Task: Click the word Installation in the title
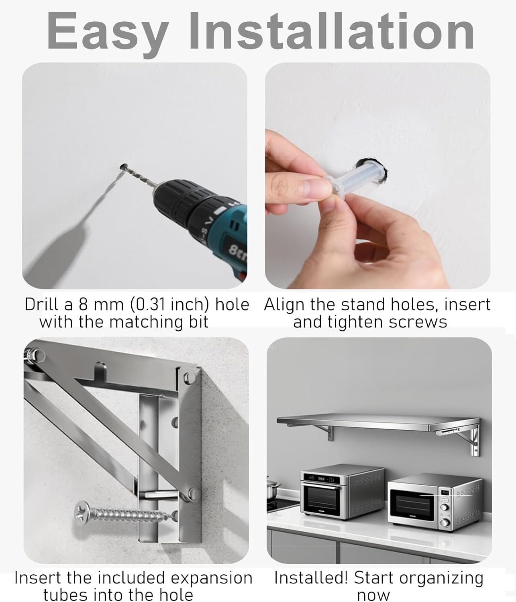(332, 31)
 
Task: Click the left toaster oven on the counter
(341, 492)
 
